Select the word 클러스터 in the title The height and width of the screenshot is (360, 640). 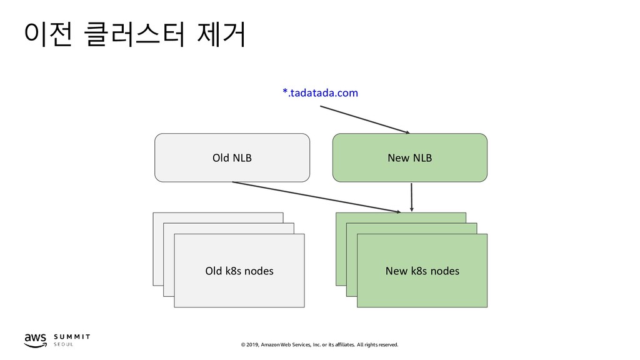tap(136, 34)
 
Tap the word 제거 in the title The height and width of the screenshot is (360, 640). tap(222, 34)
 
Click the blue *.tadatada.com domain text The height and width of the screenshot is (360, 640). tap(321, 93)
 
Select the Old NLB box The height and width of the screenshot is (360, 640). tap(232, 157)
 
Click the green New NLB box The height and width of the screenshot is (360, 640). tap(410, 157)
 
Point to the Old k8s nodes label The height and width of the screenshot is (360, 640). tap(239, 271)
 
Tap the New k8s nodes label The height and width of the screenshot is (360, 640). tap(422, 271)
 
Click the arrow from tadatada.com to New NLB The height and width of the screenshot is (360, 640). tap(365, 119)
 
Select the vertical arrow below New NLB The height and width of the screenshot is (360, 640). tap(411, 197)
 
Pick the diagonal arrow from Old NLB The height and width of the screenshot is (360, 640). tap(317, 197)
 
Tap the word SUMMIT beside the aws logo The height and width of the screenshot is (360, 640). tap(72, 337)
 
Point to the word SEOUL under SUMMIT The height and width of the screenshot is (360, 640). tap(63, 344)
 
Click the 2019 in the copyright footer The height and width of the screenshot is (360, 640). tap(252, 345)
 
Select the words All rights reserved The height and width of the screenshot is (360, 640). tap(377, 345)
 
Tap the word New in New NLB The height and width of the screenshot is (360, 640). tap(398, 158)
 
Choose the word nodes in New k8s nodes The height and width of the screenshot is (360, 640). tap(446, 271)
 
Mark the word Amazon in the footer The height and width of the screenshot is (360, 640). tap(270, 345)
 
